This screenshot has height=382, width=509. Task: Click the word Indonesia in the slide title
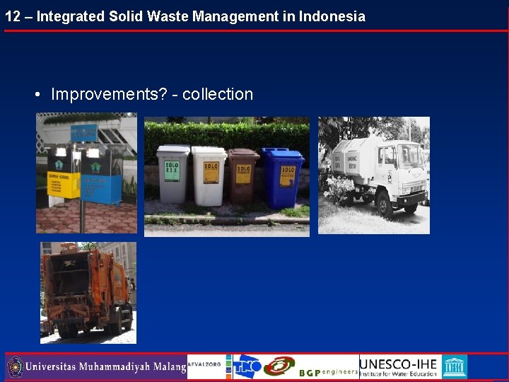pyautogui.click(x=332, y=16)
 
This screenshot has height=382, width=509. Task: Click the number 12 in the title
pyautogui.click(x=13, y=16)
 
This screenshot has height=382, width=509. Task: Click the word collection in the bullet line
pyautogui.click(x=218, y=94)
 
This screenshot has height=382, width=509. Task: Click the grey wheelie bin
pyautogui.click(x=172, y=174)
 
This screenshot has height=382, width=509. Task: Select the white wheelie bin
pyautogui.click(x=209, y=175)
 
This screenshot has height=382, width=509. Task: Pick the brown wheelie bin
pyautogui.click(x=243, y=176)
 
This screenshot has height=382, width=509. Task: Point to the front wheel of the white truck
pyautogui.click(x=385, y=205)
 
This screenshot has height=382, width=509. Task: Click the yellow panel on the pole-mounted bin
pyautogui.click(x=63, y=183)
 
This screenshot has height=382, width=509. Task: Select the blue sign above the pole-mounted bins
pyautogui.click(x=83, y=132)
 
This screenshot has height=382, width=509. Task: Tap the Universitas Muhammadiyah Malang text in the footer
pyautogui.click(x=105, y=367)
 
